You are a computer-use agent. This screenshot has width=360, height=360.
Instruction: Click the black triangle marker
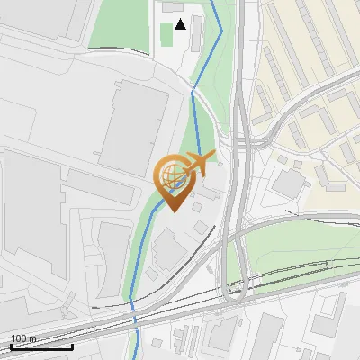pos(180,23)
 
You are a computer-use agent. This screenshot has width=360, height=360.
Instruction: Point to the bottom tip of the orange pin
pos(174,211)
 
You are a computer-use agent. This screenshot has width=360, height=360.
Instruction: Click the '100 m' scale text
pos(23,337)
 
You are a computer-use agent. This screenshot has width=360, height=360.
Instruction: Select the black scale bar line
pos(41,346)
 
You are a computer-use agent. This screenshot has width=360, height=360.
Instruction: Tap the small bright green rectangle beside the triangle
pos(166,33)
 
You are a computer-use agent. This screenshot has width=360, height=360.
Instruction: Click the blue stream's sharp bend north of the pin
pos(193,90)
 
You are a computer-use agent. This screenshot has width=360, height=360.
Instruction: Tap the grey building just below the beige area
pos(289,184)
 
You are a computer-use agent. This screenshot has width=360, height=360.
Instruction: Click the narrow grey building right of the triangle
pos(198,31)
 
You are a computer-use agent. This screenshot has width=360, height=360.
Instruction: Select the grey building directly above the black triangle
pos(172,6)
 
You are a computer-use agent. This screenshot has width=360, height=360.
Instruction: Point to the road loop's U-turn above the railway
pos(236,288)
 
